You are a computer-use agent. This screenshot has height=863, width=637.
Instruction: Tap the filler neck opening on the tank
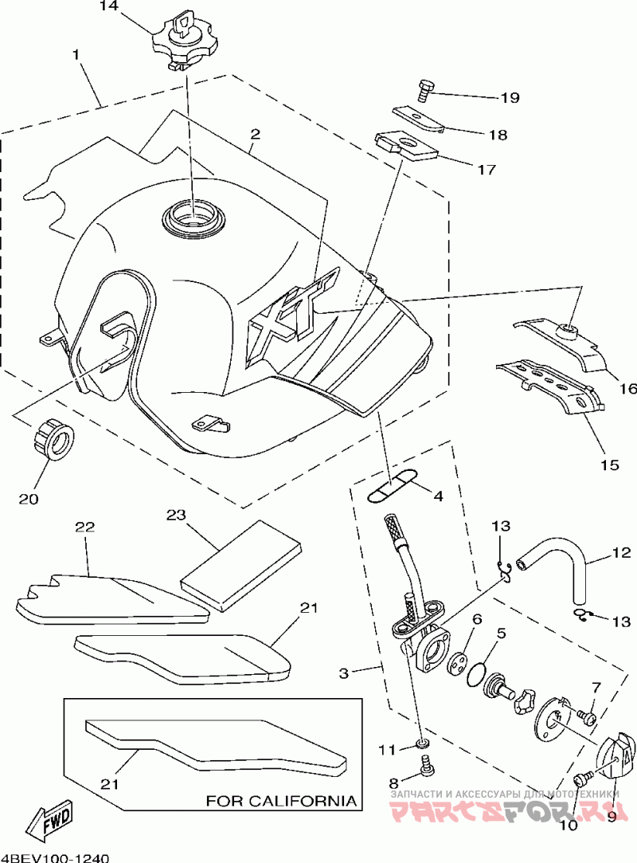coord(193,218)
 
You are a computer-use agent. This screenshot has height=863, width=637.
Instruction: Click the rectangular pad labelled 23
coord(242,567)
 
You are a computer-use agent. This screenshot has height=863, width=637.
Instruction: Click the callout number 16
coord(628,389)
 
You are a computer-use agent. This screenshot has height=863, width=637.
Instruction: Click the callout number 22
coord(85,527)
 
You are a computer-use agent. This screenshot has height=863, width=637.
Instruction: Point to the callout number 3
coord(344,673)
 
